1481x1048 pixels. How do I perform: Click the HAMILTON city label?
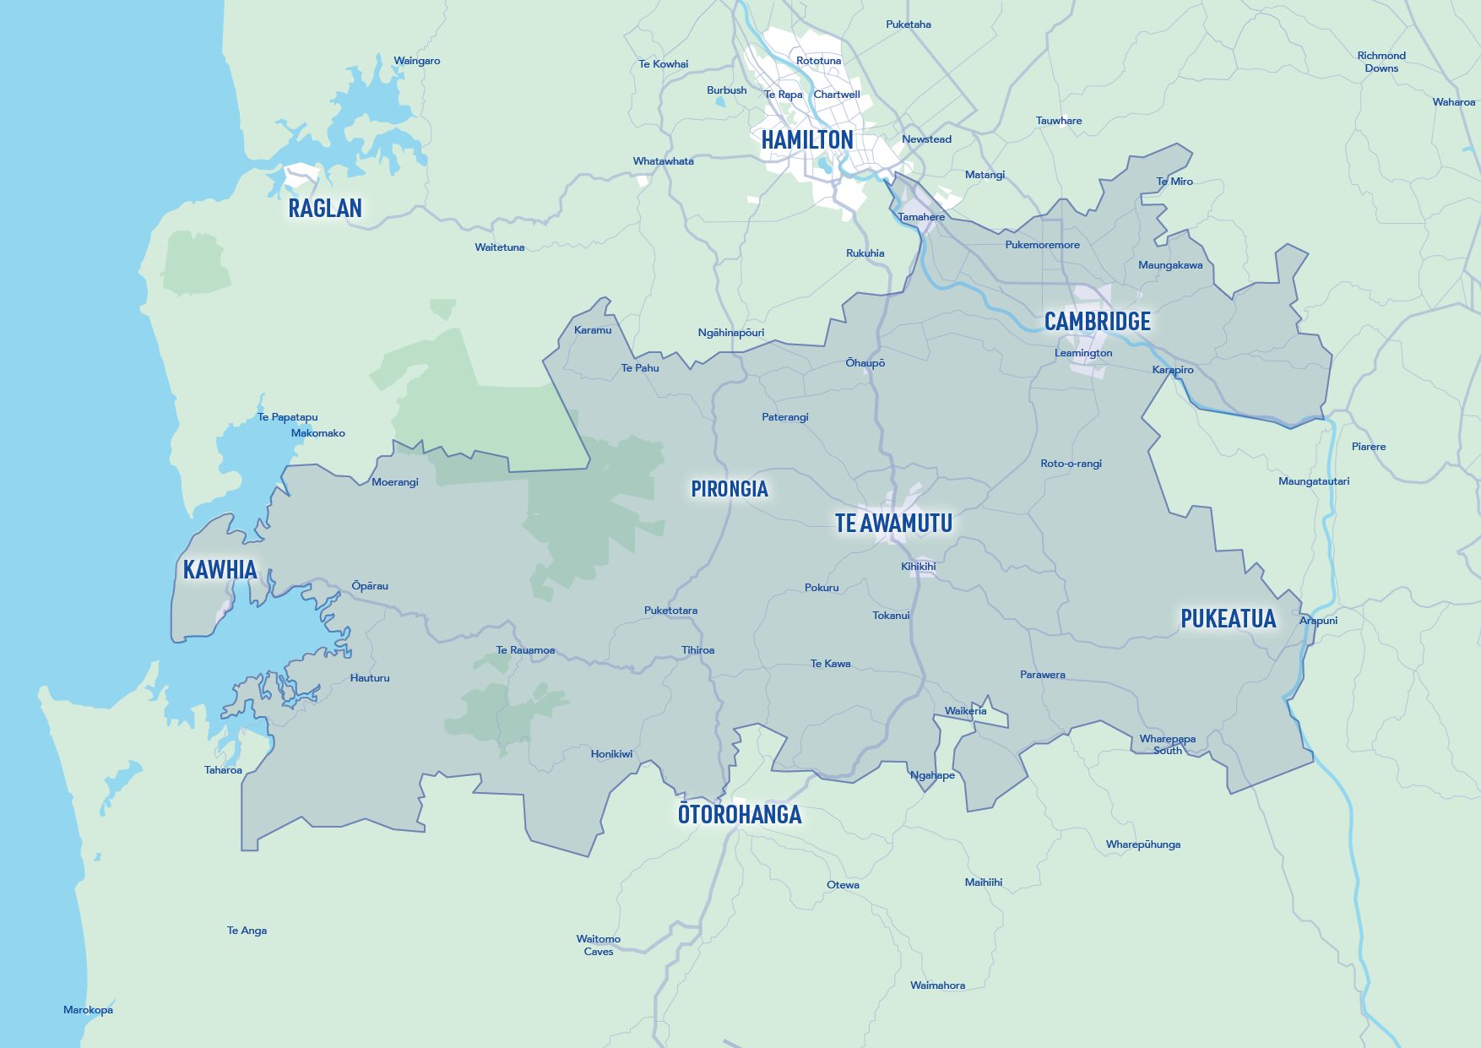(x=807, y=140)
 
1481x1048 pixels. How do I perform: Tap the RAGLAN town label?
(x=325, y=209)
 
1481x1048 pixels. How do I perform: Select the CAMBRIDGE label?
(x=1097, y=322)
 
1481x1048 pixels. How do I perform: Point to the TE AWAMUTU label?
(x=893, y=524)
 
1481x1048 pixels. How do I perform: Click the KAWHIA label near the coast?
(x=220, y=570)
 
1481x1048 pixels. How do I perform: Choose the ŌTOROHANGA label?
(x=740, y=815)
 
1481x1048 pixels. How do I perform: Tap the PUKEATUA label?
(x=1228, y=619)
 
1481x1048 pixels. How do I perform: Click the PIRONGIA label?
(x=730, y=489)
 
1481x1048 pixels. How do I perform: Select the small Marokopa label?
(x=88, y=1010)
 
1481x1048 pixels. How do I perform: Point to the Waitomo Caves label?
(x=599, y=945)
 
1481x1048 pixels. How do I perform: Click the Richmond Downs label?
(x=1381, y=62)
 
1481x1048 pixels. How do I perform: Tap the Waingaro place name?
(x=417, y=61)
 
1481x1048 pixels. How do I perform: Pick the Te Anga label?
(x=247, y=931)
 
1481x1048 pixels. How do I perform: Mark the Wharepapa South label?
(x=1168, y=744)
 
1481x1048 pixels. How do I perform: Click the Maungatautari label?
(x=1314, y=481)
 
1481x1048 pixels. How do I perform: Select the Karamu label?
(x=593, y=330)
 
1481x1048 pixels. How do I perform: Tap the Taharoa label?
(x=223, y=770)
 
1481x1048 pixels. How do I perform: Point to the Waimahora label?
(x=937, y=986)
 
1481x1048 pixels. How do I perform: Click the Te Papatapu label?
(x=288, y=417)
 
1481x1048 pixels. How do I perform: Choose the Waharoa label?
(x=1454, y=102)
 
